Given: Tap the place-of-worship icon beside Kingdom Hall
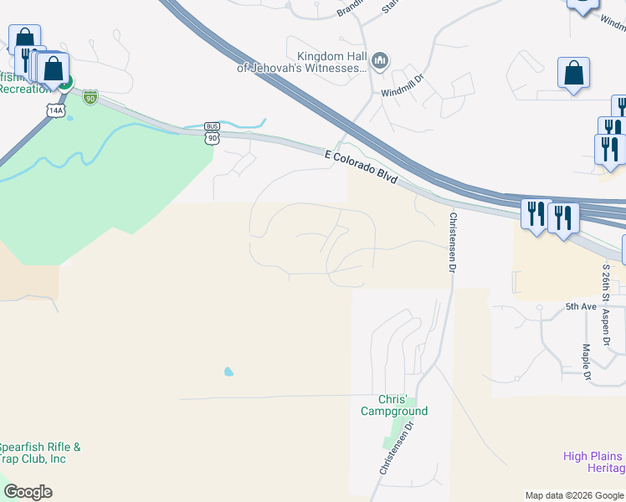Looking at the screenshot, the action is click(x=380, y=60).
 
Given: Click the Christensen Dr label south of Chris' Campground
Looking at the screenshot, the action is click(x=397, y=448).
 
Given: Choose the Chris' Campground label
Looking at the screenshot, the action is click(x=393, y=405).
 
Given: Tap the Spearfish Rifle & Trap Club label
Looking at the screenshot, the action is click(x=40, y=453).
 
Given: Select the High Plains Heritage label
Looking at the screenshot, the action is click(x=593, y=462).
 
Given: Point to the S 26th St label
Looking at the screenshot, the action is click(x=606, y=283).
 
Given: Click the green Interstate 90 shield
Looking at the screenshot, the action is click(x=90, y=97).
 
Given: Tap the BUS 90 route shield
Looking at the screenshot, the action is click(x=213, y=133).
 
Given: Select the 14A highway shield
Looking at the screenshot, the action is click(x=55, y=109).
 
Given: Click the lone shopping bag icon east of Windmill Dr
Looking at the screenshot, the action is click(x=574, y=74).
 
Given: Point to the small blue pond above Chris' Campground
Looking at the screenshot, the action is click(x=228, y=371).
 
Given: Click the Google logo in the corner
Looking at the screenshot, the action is click(x=28, y=492).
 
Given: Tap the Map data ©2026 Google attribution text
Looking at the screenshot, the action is click(x=574, y=495).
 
